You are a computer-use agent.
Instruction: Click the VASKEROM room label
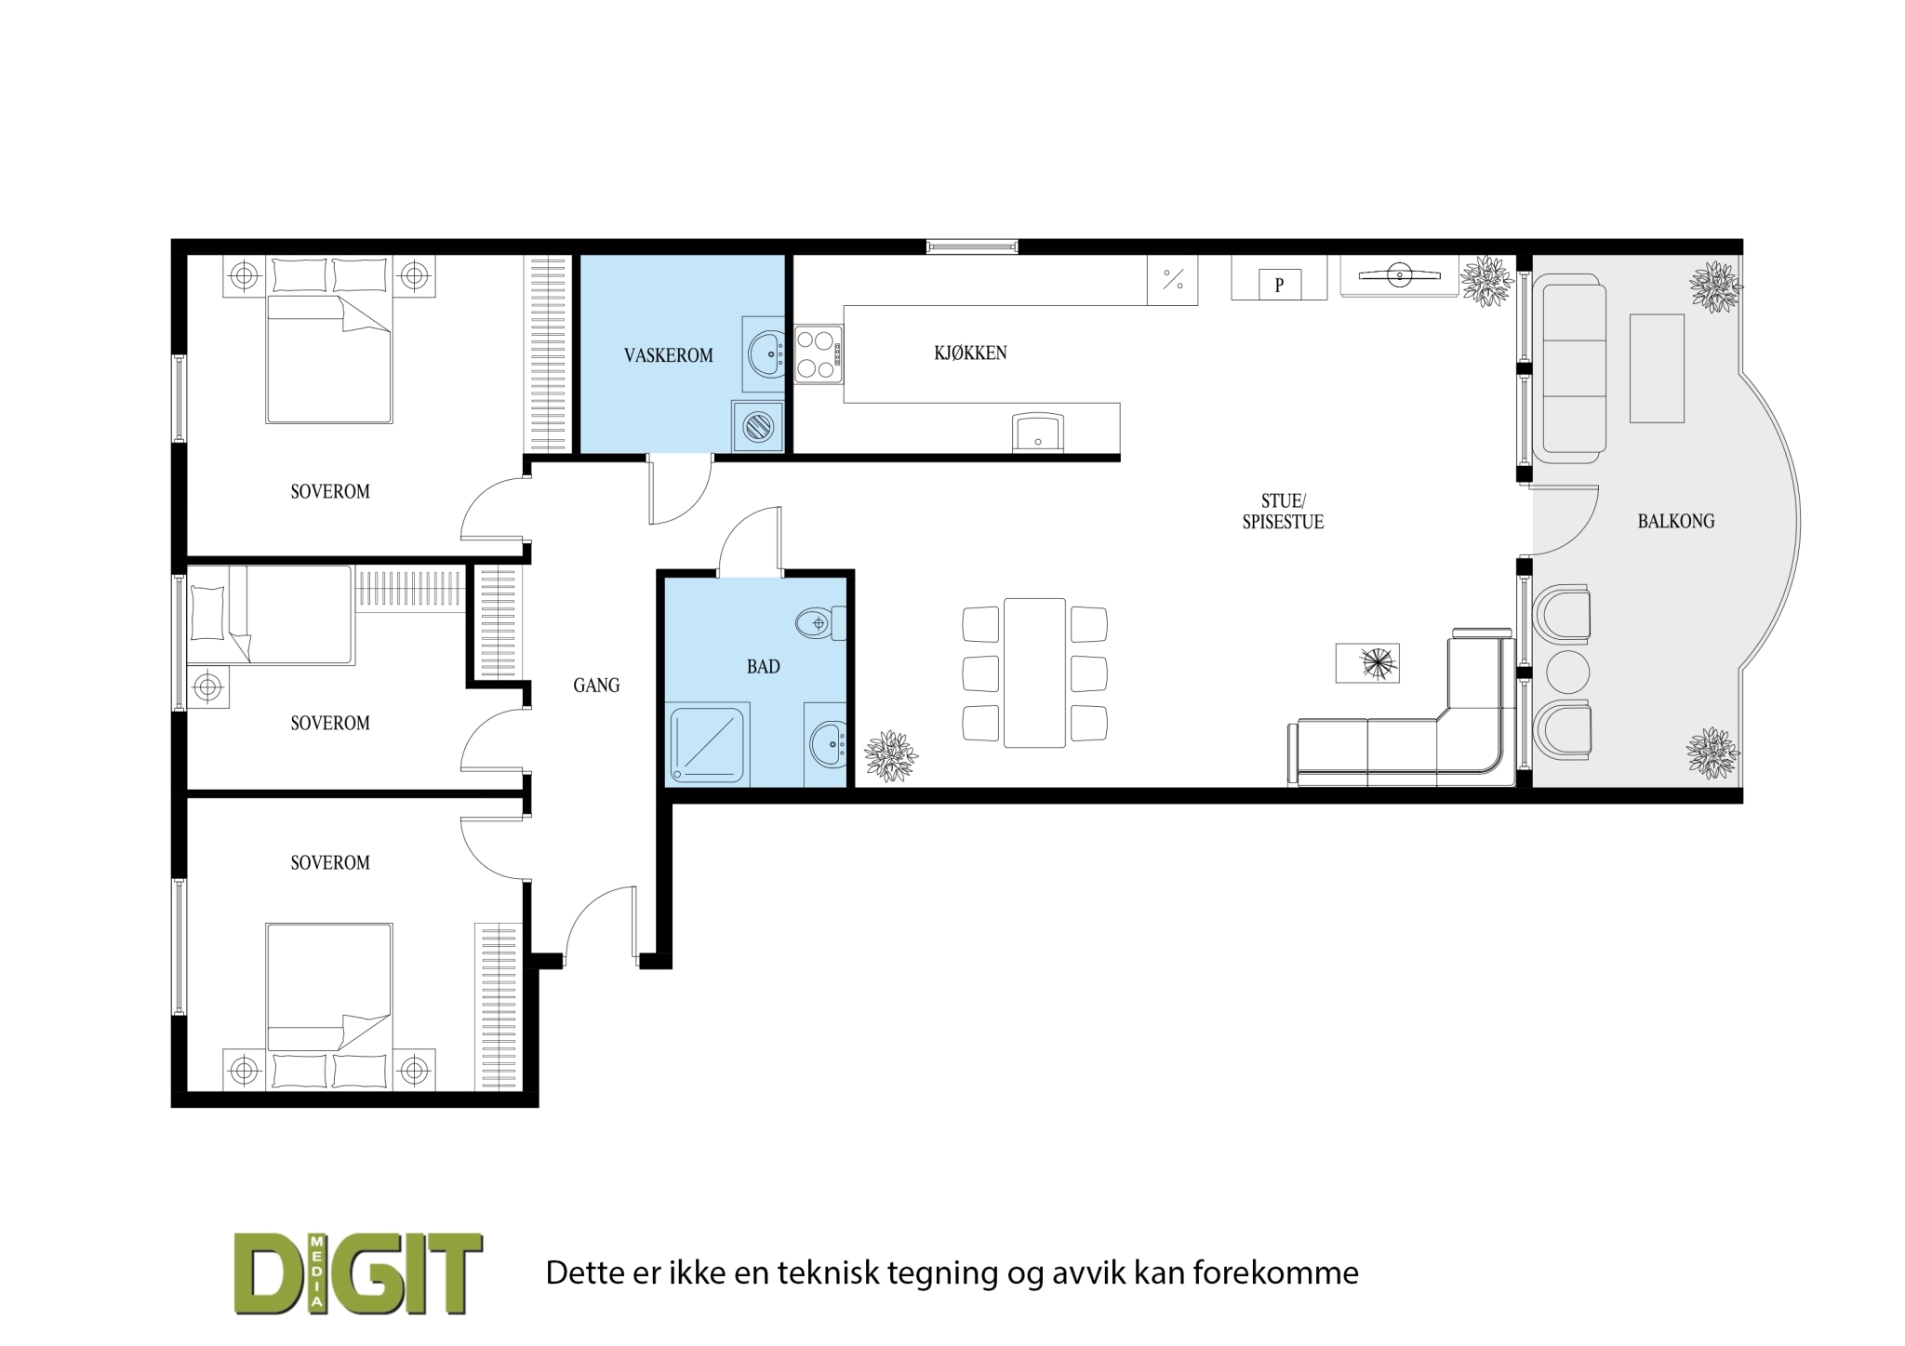669,355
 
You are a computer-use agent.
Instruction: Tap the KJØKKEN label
970,353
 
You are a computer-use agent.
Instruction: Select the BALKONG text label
1676,522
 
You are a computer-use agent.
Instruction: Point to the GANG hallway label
596,686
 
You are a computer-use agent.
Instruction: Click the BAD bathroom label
763,667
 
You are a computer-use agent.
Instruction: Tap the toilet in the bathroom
820,622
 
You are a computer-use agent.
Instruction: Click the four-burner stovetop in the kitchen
819,353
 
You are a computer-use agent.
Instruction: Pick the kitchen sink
1038,433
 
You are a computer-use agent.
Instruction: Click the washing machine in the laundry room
758,426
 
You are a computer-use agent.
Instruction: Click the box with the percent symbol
1173,279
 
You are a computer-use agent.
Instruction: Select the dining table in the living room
1034,673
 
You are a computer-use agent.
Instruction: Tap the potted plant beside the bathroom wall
891,755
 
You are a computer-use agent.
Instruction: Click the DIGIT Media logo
358,1273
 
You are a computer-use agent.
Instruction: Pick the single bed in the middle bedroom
271,615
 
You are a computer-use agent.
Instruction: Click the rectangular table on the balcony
1657,368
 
